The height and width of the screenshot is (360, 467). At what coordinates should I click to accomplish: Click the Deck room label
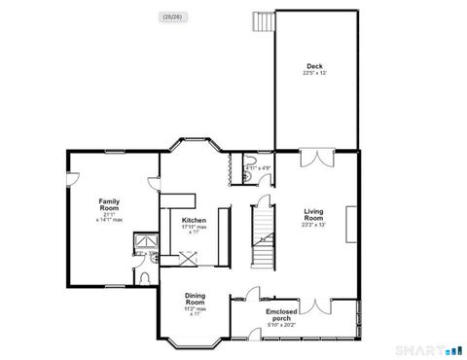(x=315, y=66)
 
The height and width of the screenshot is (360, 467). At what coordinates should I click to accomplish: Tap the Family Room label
(x=109, y=205)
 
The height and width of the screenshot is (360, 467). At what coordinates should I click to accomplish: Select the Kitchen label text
(x=194, y=220)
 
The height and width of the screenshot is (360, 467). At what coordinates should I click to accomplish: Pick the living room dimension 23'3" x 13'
(x=313, y=225)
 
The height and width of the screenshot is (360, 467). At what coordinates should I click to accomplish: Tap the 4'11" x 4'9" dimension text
(x=257, y=167)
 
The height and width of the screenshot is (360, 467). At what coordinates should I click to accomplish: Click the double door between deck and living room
(x=314, y=159)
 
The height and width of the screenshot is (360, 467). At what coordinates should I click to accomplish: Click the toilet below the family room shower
(x=145, y=276)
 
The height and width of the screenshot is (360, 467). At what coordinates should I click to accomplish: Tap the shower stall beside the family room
(x=147, y=239)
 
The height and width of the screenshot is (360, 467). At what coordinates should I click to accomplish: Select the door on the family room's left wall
(x=71, y=178)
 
